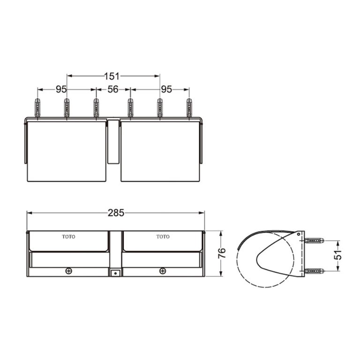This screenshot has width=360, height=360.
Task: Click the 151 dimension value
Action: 113,76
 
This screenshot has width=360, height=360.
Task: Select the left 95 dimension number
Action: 61,89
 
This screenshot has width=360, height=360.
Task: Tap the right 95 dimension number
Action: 166,89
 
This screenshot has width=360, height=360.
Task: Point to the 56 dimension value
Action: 113,89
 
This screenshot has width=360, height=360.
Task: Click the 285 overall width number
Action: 116,213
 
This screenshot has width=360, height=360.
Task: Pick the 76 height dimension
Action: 222,253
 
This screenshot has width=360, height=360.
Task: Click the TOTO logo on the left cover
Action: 68,237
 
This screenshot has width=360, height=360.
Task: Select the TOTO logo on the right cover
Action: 163,237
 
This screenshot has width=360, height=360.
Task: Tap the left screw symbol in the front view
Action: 69,270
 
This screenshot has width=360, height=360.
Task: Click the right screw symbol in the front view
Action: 162,270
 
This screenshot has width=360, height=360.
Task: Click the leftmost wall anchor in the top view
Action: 37,108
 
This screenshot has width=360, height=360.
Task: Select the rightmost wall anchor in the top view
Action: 189,108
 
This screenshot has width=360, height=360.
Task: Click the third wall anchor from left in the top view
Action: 96,108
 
